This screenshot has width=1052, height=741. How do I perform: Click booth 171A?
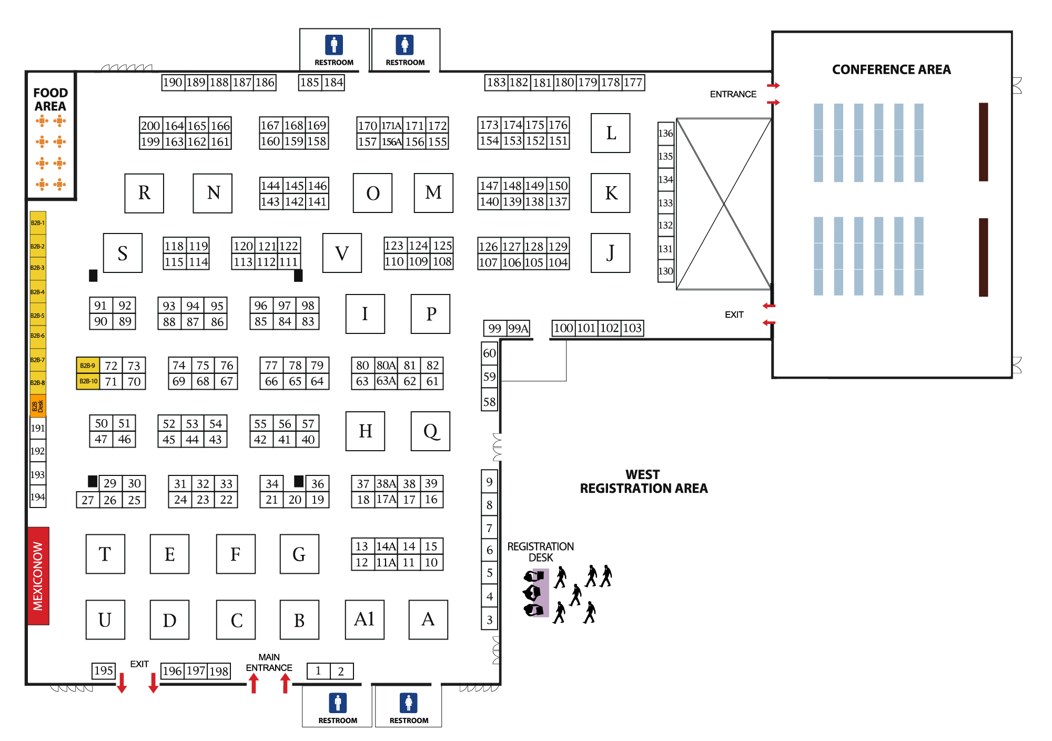(x=391, y=126)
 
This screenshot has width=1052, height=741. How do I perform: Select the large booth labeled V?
(x=342, y=253)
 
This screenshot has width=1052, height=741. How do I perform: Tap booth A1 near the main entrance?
(x=365, y=620)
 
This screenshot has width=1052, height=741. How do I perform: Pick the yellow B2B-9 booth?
(x=88, y=366)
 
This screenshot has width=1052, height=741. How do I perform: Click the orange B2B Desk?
(x=38, y=406)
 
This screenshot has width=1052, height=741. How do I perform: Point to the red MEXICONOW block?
(x=38, y=576)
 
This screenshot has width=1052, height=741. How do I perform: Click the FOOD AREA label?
(x=50, y=99)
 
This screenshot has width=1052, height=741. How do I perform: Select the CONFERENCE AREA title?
(x=891, y=69)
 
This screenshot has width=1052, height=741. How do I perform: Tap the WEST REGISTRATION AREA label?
(x=643, y=482)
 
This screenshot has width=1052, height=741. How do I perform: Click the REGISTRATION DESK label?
(x=540, y=552)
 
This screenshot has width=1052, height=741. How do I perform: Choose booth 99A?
(x=518, y=329)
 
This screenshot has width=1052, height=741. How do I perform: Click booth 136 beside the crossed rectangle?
(x=665, y=133)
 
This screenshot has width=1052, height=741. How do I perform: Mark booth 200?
(x=150, y=126)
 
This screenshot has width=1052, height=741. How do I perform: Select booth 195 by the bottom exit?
(x=104, y=671)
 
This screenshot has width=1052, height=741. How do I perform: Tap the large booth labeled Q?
(x=430, y=431)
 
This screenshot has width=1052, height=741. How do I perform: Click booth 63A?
(x=386, y=381)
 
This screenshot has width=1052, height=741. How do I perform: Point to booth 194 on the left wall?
(x=38, y=497)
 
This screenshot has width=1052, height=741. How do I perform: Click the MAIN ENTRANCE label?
(x=269, y=663)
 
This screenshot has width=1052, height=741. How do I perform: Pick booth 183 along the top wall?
(x=496, y=83)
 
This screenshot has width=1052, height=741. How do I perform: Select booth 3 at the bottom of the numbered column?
(x=489, y=620)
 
